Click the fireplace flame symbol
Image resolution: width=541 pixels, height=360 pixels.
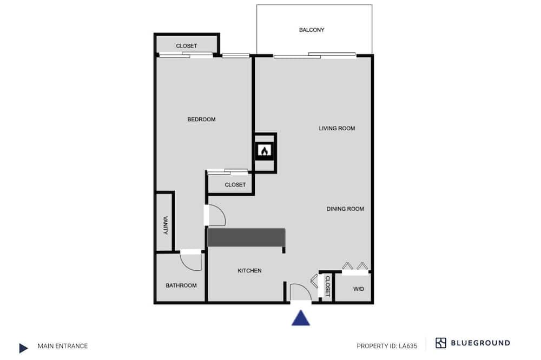pyautogui.click(x=265, y=151)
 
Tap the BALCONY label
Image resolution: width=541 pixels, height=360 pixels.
pyautogui.click(x=312, y=30)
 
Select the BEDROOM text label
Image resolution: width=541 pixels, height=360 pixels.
pyautogui.click(x=201, y=119)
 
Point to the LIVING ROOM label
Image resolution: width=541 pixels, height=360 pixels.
pyautogui.click(x=337, y=128)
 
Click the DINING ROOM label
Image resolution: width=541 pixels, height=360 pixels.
pyautogui.click(x=345, y=209)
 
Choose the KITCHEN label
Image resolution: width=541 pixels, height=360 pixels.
pyautogui.click(x=249, y=271)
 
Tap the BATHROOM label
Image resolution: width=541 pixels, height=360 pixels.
pyautogui.click(x=181, y=285)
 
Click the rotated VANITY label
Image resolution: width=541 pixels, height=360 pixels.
pyautogui.click(x=165, y=225)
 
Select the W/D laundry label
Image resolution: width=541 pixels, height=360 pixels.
pyautogui.click(x=359, y=289)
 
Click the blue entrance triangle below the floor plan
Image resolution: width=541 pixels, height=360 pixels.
pyautogui.click(x=301, y=318)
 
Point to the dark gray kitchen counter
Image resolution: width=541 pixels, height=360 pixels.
pyautogui.click(x=246, y=237)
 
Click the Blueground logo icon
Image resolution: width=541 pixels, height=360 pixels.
pyautogui.click(x=440, y=343)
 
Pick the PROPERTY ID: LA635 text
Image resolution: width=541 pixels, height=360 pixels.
pyautogui.click(x=387, y=346)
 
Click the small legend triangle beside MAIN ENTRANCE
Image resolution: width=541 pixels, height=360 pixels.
pyautogui.click(x=23, y=348)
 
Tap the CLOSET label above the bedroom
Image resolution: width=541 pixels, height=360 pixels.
pyautogui.click(x=186, y=46)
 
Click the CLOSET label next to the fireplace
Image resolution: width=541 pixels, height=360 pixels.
pyautogui.click(x=235, y=185)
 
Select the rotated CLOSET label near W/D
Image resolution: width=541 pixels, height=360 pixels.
pyautogui.click(x=327, y=286)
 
